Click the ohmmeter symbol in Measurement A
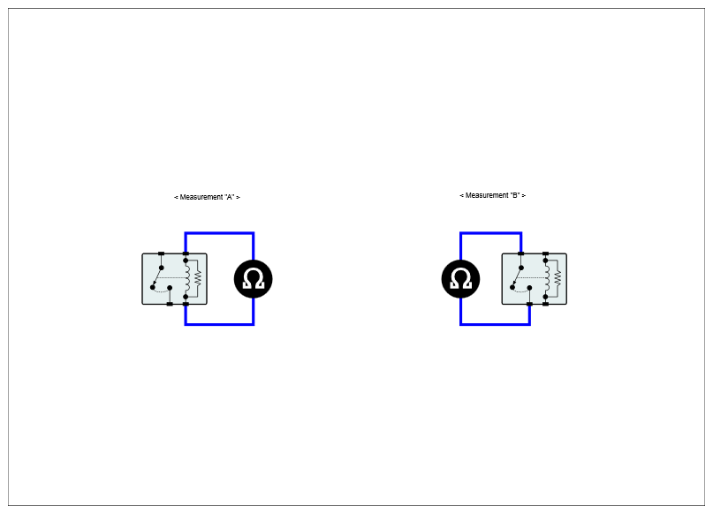coord(253,279)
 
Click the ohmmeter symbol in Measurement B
coord(460,279)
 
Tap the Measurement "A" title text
coord(207,197)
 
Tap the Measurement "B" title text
coord(492,195)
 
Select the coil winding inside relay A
coord(186,278)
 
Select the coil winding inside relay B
coord(547,278)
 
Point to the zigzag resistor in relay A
coord(198,279)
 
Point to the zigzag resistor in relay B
coord(558,279)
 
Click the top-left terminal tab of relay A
coord(161,253)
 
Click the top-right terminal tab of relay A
coord(186,253)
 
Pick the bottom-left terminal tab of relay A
coord(170,304)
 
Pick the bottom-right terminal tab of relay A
coord(186,304)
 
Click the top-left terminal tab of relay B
coord(520,253)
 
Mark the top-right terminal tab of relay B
coord(545,253)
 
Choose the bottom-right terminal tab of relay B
coord(545,304)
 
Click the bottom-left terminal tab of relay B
coord(529,304)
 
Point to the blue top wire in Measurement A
coord(219,233)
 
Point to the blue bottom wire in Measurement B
coord(495,324)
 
